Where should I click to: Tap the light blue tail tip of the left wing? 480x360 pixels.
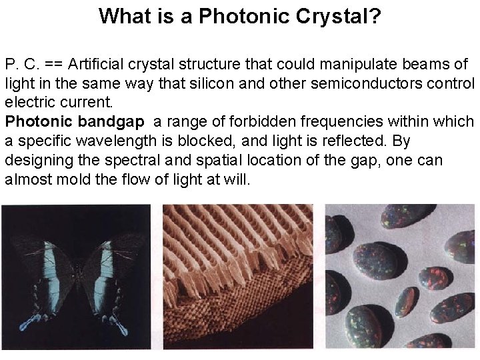(28, 325)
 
